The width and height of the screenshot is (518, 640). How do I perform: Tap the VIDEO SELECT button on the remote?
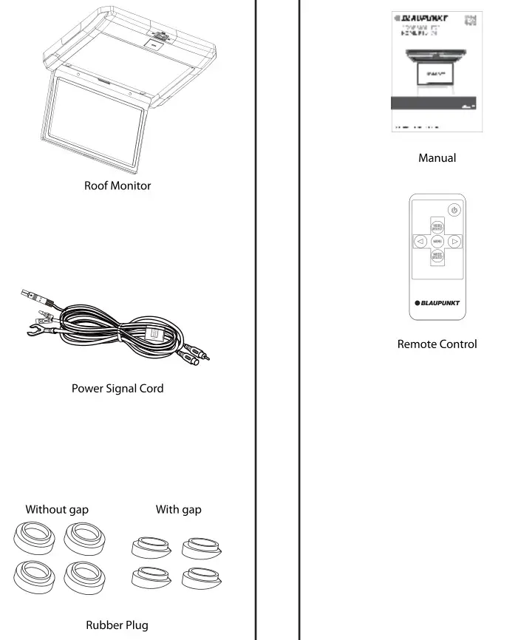[x=437, y=228]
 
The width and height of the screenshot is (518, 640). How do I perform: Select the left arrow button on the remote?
[x=419, y=241]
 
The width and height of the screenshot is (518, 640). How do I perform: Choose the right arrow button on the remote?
[x=455, y=241]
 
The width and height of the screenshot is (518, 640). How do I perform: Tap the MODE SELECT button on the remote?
[x=437, y=255]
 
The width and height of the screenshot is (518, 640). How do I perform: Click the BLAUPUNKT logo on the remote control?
[x=437, y=303]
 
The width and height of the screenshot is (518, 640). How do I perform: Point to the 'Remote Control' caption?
[x=437, y=344]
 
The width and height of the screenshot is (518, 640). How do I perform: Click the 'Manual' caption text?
[x=437, y=157]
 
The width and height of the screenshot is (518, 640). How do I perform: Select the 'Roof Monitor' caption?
[x=117, y=185]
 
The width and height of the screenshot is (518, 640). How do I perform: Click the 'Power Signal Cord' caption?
[x=117, y=388]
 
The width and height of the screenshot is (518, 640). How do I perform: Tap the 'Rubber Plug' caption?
[x=117, y=624]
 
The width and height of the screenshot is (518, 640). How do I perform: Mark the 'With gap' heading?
[x=178, y=509]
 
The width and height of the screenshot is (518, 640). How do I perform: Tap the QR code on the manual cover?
[x=471, y=20]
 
